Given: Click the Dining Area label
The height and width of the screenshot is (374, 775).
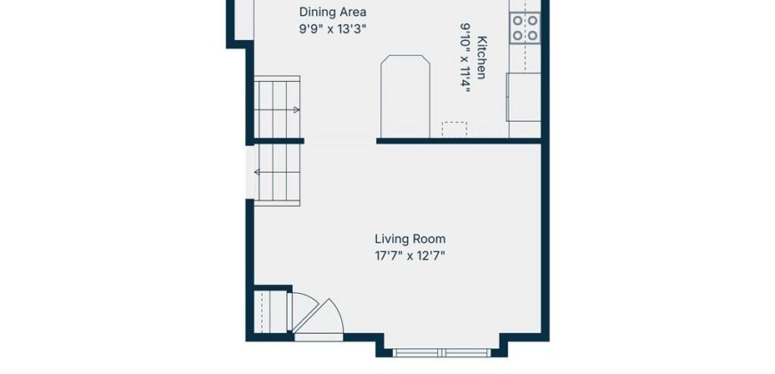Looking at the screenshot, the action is click(332, 12).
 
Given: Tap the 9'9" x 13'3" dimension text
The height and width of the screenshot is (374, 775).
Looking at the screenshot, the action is click(332, 28).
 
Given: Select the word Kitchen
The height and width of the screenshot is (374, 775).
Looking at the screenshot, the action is click(481, 57).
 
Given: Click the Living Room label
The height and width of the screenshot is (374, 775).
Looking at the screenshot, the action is click(410, 240).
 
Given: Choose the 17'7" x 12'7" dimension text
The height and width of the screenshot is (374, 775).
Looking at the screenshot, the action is click(410, 256).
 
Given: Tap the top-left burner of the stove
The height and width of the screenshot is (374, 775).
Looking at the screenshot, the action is click(518, 20).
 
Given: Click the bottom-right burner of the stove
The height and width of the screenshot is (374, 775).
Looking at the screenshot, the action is click(533, 36).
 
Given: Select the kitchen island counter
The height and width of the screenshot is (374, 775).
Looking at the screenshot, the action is click(405, 96).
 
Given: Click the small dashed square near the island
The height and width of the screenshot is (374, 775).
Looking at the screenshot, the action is click(454, 129).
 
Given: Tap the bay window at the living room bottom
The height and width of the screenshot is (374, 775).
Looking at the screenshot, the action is click(442, 353).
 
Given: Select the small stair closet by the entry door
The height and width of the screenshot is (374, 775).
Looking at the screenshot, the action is click(270, 312).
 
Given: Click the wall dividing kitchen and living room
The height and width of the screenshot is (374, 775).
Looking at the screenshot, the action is click(459, 141).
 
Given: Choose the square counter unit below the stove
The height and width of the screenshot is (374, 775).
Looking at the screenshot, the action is click(524, 97).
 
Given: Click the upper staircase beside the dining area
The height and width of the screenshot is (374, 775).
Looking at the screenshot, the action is click(277, 107).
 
